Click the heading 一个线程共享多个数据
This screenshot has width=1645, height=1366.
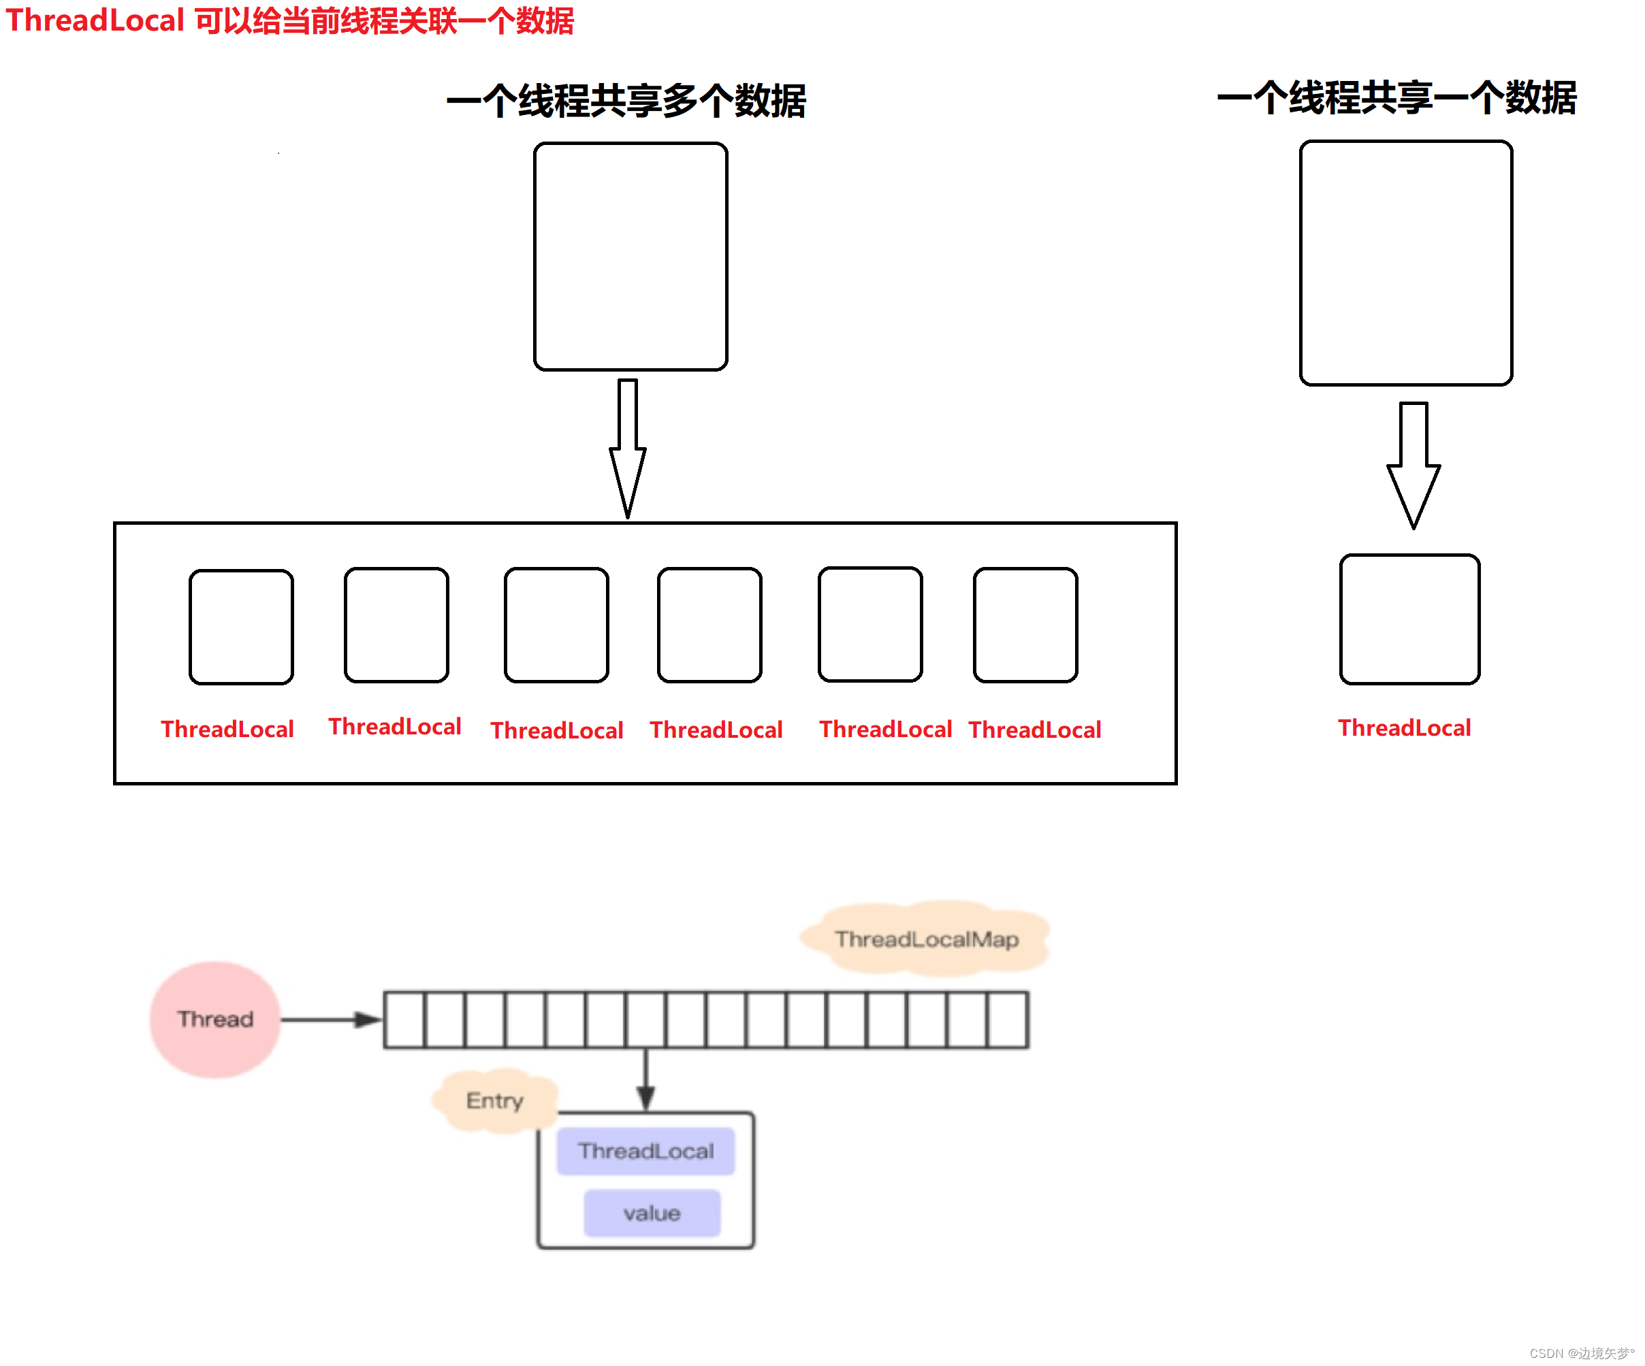[x=626, y=101]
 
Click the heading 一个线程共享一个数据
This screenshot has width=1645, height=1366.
[x=1396, y=98]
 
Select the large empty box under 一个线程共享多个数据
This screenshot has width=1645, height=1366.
[x=630, y=256]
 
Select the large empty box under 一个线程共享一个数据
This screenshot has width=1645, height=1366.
[x=1405, y=263]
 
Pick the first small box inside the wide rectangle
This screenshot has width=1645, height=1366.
[x=241, y=627]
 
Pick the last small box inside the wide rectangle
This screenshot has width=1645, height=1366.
[x=1025, y=625]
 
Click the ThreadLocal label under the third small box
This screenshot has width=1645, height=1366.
[x=557, y=730]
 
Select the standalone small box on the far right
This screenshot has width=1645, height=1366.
[x=1409, y=619]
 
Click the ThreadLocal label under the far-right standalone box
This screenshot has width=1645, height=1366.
[x=1404, y=728]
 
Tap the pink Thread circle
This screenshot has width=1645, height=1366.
[x=215, y=1019]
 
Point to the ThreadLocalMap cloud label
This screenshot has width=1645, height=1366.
[x=926, y=939]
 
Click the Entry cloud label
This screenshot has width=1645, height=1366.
[x=494, y=1100]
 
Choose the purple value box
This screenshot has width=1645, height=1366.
[x=652, y=1212]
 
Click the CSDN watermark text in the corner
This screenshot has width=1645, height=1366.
[x=1581, y=1352]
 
